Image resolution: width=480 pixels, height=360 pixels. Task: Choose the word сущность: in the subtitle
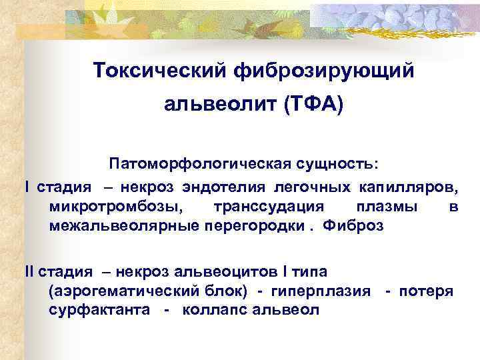(x=337, y=164)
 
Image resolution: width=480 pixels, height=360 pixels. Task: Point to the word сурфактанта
(x=98, y=311)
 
